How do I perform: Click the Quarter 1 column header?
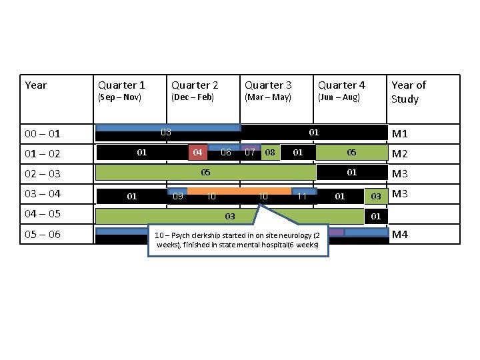pyautogui.click(x=121, y=85)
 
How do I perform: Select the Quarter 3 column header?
pyautogui.click(x=268, y=85)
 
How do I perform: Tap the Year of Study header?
pyautogui.click(x=409, y=92)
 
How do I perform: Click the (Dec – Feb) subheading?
pyautogui.click(x=193, y=97)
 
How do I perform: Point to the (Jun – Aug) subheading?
pyautogui.click(x=339, y=97)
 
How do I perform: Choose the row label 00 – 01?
pyautogui.click(x=43, y=134)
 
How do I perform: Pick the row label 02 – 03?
pyautogui.click(x=43, y=174)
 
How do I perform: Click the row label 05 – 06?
pyautogui.click(x=43, y=234)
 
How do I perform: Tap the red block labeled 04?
pyautogui.click(x=197, y=153)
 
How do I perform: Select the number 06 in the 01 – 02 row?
pyautogui.click(x=226, y=153)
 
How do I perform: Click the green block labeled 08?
pyautogui.click(x=270, y=153)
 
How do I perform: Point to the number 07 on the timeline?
pyautogui.click(x=250, y=153)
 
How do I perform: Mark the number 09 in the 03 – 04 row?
pyautogui.click(x=178, y=196)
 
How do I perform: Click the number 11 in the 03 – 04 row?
pyautogui.click(x=302, y=196)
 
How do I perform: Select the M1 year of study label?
pyautogui.click(x=400, y=134)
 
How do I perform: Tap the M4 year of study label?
pyautogui.click(x=400, y=234)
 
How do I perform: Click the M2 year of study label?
pyautogui.click(x=400, y=155)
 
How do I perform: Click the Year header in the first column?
pyautogui.click(x=36, y=85)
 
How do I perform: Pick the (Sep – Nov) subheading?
pyautogui.click(x=120, y=97)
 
